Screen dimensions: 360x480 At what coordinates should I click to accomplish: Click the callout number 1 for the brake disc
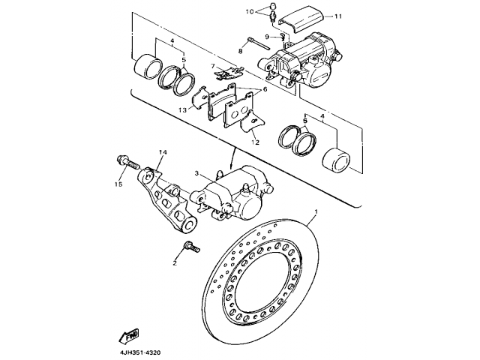(x=316, y=212)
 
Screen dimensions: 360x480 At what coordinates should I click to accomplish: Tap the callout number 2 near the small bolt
(x=175, y=262)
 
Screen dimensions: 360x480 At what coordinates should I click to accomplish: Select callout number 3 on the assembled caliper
(x=196, y=173)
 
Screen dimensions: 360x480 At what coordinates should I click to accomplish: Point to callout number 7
(x=212, y=66)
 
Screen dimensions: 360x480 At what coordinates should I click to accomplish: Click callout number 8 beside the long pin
(x=241, y=51)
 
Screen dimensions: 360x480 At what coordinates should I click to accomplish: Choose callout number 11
(x=338, y=16)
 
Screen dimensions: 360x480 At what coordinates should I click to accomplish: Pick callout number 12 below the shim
(x=256, y=142)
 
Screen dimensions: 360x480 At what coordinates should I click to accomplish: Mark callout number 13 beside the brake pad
(x=182, y=109)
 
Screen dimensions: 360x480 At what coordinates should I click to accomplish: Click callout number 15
(x=118, y=184)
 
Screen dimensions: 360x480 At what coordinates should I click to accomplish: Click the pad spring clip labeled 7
(x=229, y=73)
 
